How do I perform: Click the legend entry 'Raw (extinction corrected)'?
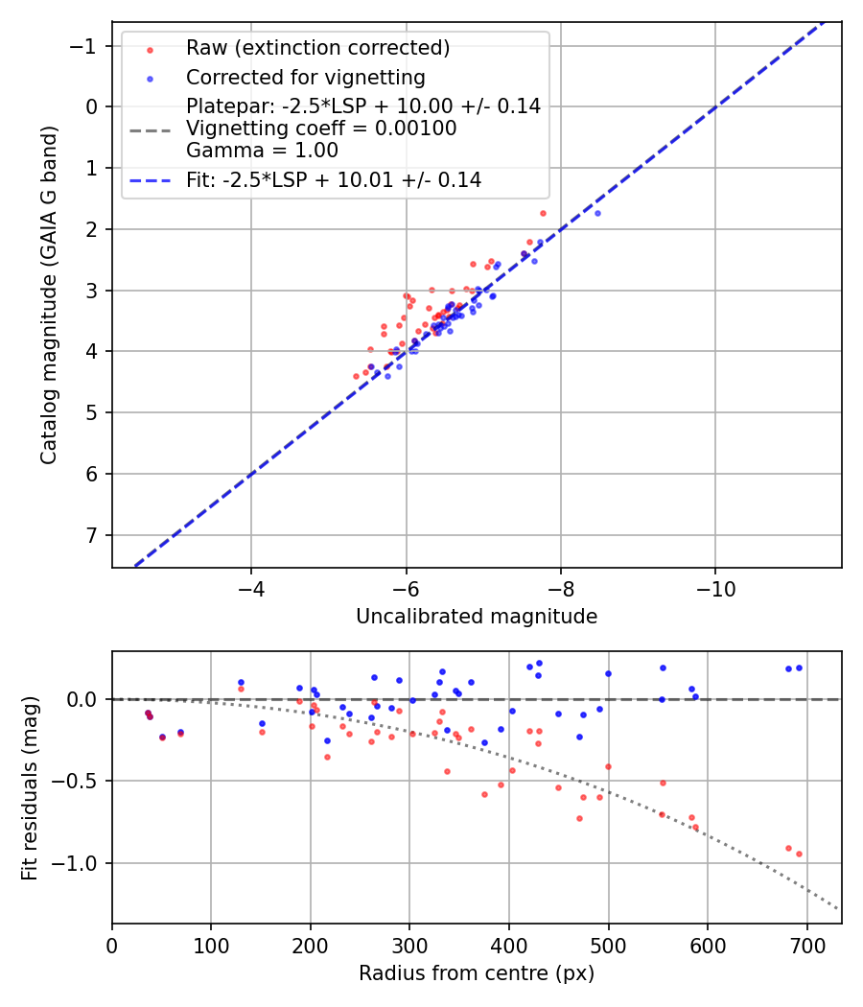(317, 48)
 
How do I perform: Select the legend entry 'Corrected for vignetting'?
(305, 77)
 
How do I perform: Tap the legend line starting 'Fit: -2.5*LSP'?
(334, 179)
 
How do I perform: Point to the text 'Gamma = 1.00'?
(262, 150)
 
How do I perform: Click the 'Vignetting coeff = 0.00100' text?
(321, 129)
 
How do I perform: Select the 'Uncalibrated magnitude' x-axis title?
(477, 617)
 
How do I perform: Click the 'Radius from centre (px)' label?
(477, 973)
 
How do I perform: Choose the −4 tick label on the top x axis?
(251, 585)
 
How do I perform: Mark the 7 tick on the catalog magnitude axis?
(93, 534)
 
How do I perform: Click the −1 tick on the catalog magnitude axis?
(87, 46)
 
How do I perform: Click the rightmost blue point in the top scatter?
(597, 213)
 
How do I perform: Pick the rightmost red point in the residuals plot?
(799, 854)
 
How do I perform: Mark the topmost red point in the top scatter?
(543, 213)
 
